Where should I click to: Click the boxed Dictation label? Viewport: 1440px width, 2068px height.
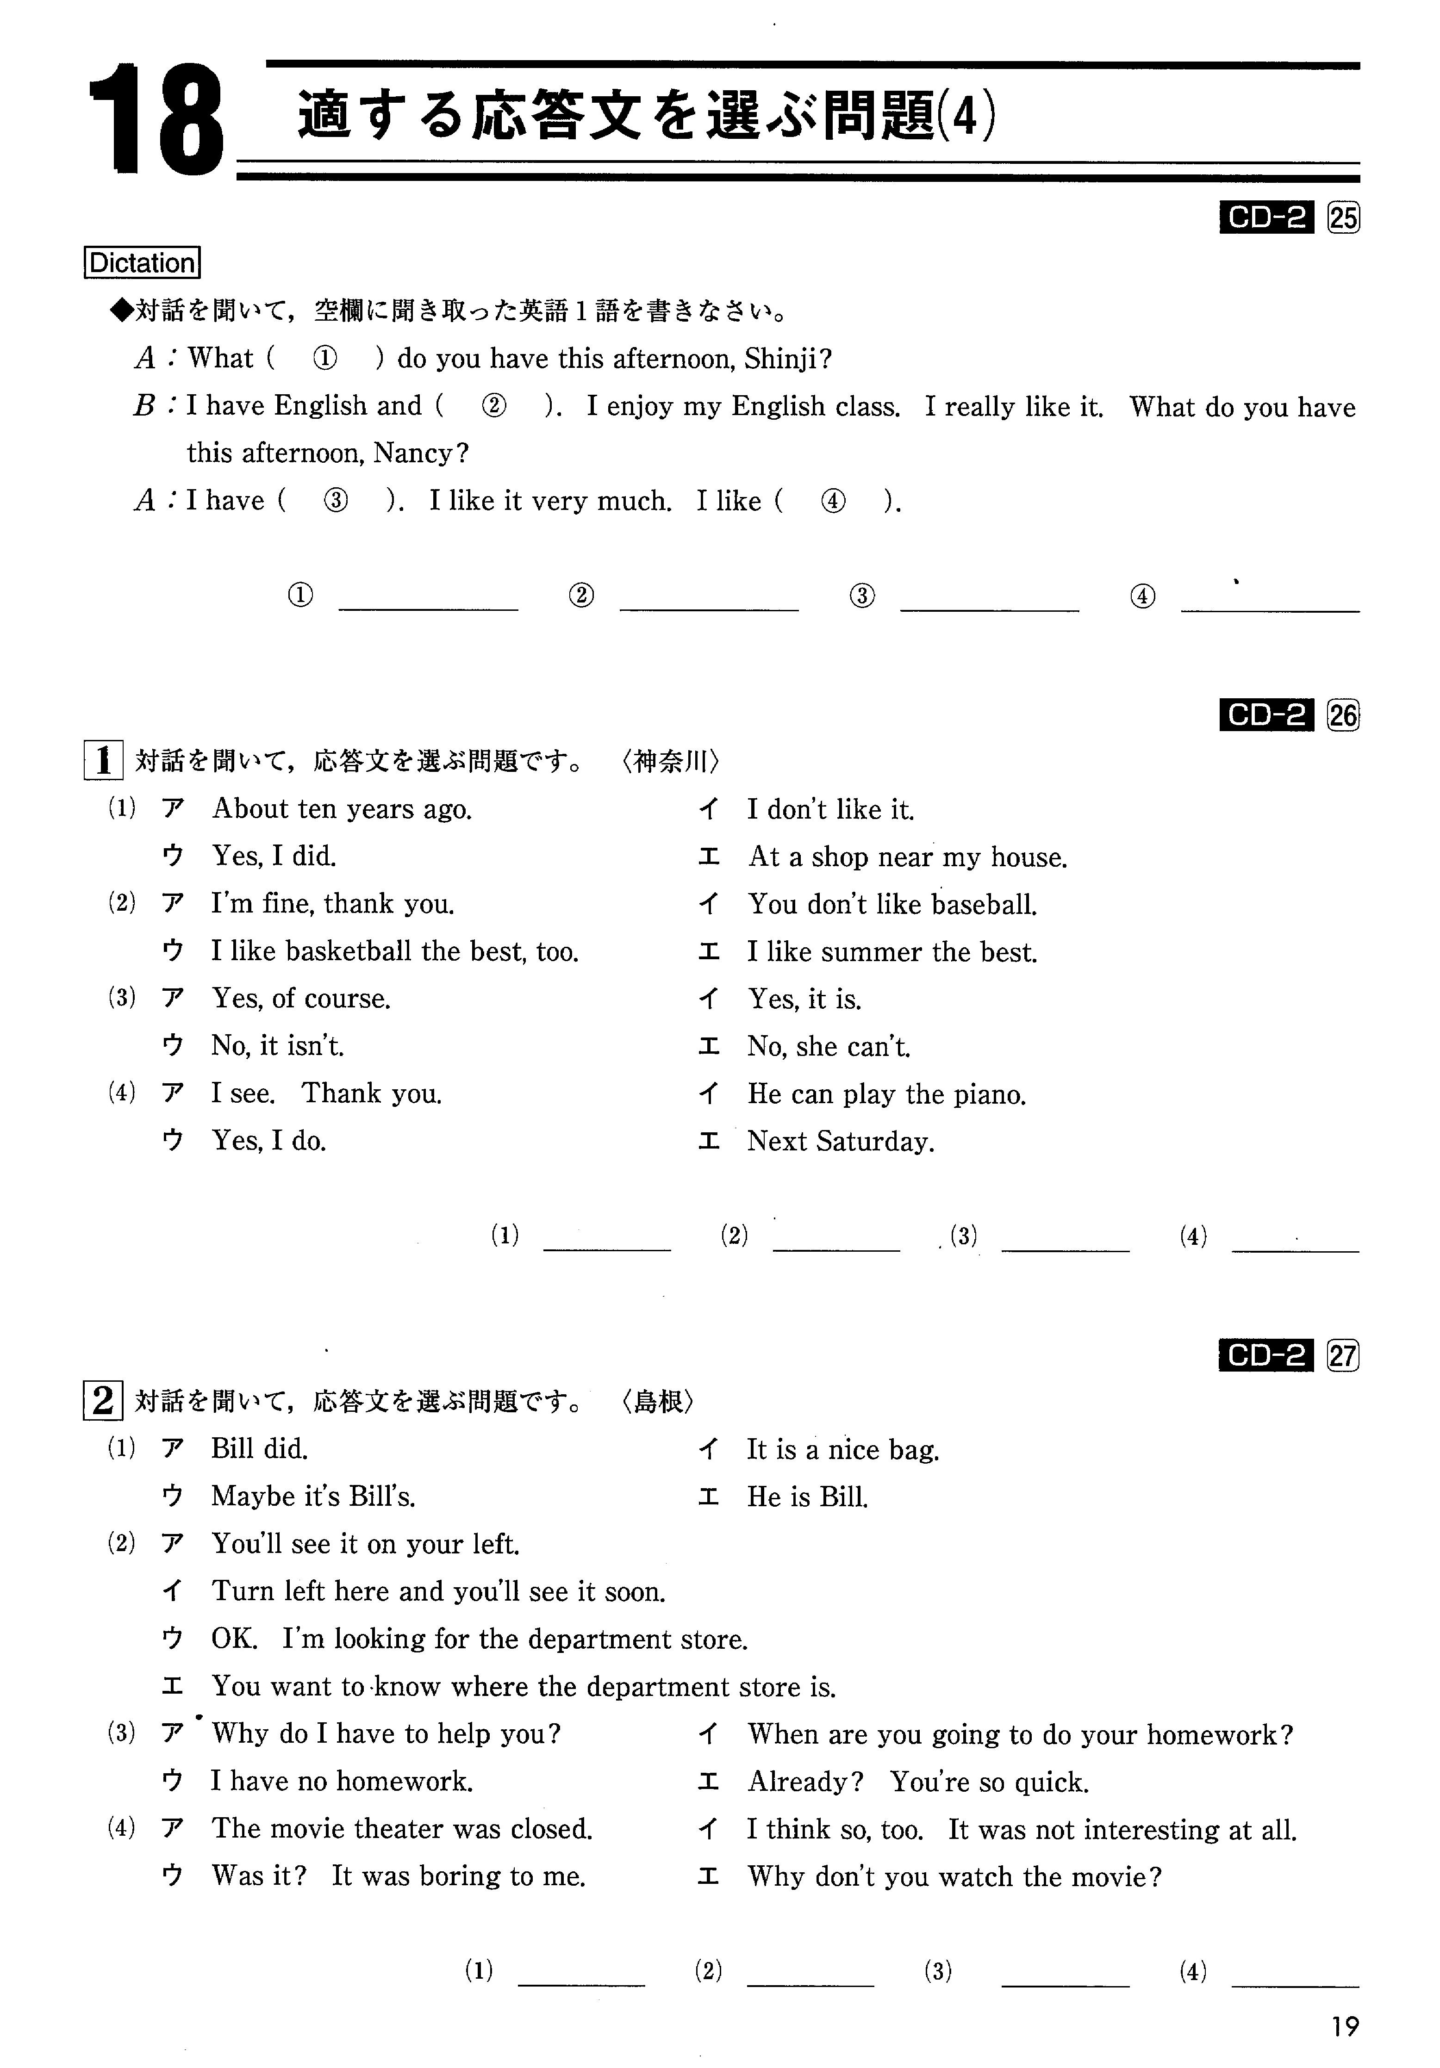click(x=142, y=263)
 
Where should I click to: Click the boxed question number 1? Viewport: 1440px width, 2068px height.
click(x=103, y=761)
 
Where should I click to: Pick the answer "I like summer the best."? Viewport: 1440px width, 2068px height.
click(x=892, y=952)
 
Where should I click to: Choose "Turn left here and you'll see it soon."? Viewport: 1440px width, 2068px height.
click(x=438, y=1591)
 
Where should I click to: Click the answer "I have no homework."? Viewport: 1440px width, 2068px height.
click(x=342, y=1781)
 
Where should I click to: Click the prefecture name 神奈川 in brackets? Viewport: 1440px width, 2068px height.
click(x=669, y=762)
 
